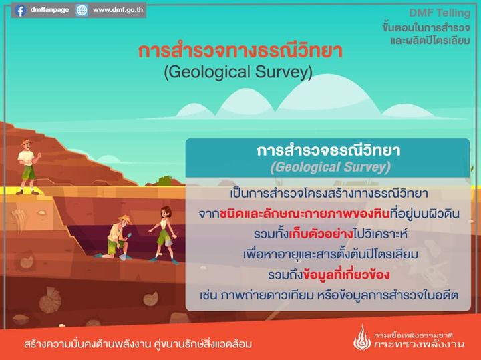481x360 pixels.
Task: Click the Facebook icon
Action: tap(20, 11)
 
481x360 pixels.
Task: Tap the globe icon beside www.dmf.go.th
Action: tap(82, 11)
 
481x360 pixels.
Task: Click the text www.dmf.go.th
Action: tap(118, 10)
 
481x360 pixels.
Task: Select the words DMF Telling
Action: tap(440, 13)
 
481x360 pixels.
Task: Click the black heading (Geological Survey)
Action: tap(238, 72)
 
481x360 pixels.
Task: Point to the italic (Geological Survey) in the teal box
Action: tap(331, 167)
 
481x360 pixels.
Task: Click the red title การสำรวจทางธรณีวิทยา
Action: tap(240, 51)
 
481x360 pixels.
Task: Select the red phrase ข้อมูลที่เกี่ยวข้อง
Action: tap(346, 275)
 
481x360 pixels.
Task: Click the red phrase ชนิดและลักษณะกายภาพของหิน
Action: tap(305, 214)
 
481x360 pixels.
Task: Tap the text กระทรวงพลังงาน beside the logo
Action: tap(419, 344)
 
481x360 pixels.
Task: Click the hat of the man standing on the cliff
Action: tap(26, 142)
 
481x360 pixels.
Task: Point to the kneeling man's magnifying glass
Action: tap(128, 236)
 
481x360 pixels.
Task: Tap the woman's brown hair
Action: tap(166, 211)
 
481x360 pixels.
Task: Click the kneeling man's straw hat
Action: tap(125, 218)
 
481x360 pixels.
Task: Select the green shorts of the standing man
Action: tap(28, 172)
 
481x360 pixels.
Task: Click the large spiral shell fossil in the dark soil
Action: tap(50, 300)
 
